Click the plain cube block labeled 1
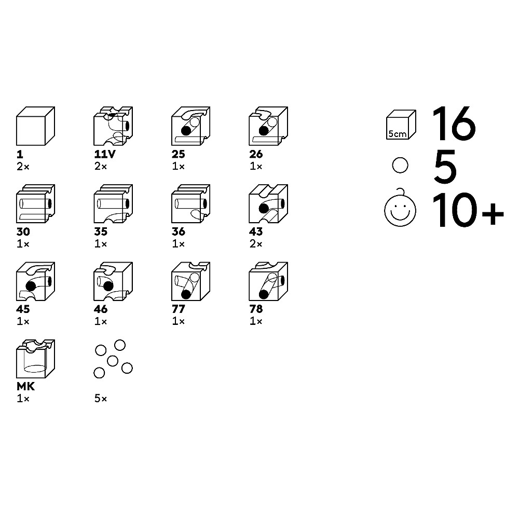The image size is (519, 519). pos(35,126)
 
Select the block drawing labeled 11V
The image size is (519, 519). pos(113,126)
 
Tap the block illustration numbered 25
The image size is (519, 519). pos(190,126)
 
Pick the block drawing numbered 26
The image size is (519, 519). pos(268,126)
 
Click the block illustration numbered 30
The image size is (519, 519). pos(35,203)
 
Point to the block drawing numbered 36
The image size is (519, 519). pos(190,203)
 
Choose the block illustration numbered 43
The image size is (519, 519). pos(268,203)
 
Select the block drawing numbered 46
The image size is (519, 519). pos(113,281)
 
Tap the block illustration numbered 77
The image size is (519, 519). pos(190,281)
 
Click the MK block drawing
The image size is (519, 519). pos(35,359)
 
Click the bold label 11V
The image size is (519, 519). pos(105,154)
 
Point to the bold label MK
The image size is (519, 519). pos(26,387)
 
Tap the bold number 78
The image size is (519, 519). pos(256,309)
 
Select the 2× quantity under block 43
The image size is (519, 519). pos(256,244)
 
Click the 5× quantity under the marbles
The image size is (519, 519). pos(101,399)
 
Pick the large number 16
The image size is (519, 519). pos(454,123)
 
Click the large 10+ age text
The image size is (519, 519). pos(468,210)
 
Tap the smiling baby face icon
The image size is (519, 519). pos(400,208)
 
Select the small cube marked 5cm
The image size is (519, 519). pos(401,125)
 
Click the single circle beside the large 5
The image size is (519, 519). pos(400,165)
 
